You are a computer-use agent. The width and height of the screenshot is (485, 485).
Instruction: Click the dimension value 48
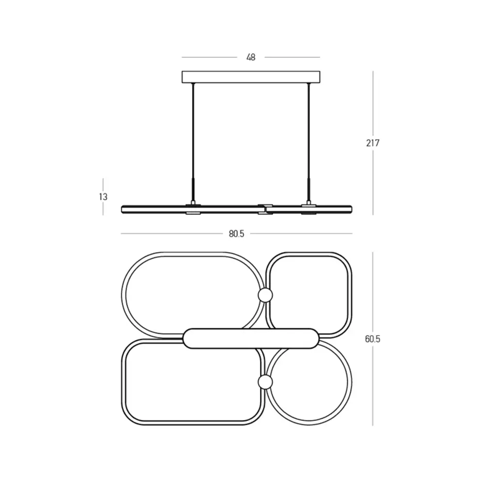(x=251, y=57)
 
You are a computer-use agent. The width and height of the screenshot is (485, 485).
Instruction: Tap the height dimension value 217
(x=372, y=143)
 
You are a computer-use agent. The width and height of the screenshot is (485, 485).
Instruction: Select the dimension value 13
(x=103, y=197)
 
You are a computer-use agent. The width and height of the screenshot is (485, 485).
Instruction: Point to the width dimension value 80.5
(x=236, y=234)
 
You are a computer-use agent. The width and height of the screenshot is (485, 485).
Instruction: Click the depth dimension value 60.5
(x=372, y=339)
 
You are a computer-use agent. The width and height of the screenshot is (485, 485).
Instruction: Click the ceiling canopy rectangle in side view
(x=251, y=77)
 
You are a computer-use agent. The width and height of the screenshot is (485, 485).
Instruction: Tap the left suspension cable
(x=194, y=142)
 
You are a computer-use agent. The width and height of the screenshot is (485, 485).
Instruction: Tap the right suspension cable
(x=308, y=142)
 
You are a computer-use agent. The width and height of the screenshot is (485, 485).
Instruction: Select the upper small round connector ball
(x=265, y=295)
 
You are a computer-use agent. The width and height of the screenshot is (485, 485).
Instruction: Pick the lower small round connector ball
(x=265, y=382)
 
